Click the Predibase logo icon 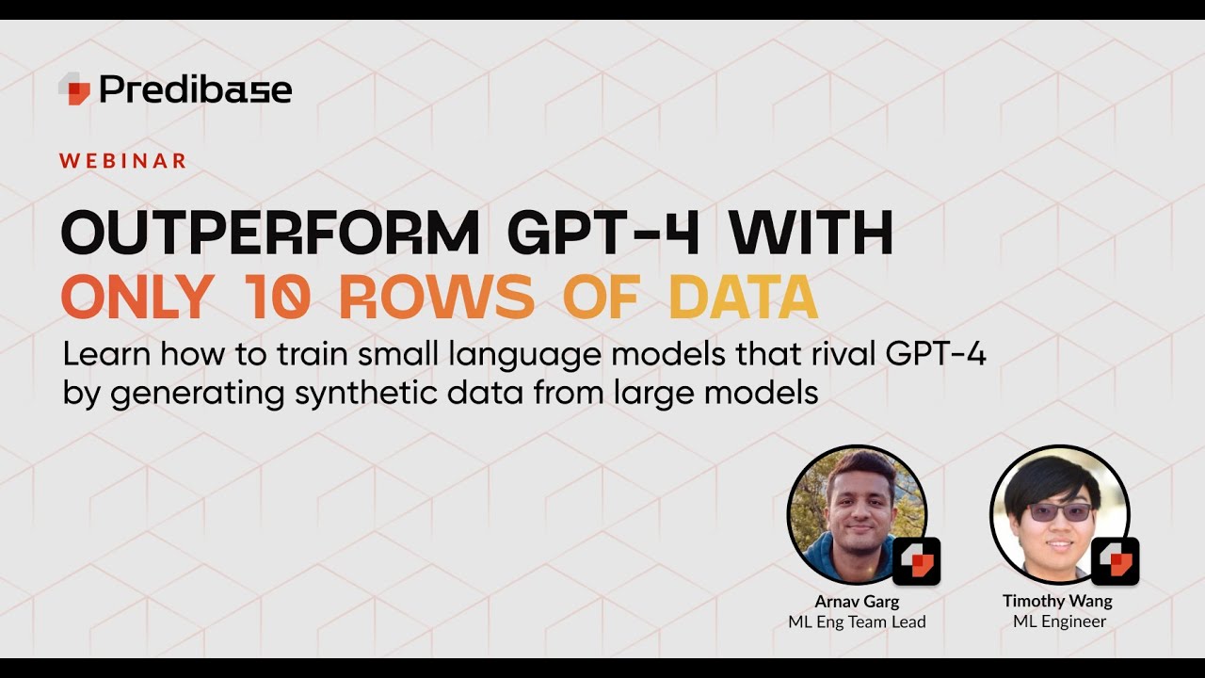tap(74, 89)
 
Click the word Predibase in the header tap(195, 89)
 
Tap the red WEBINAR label tap(122, 161)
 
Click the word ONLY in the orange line tap(136, 298)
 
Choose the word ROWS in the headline tap(436, 298)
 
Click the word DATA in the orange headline tap(743, 298)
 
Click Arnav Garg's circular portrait tap(856, 513)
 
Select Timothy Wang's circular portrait tap(1059, 513)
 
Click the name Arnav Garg tap(857, 601)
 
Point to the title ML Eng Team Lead tap(857, 621)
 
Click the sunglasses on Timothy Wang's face tap(1060, 511)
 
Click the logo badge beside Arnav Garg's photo tap(916, 561)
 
